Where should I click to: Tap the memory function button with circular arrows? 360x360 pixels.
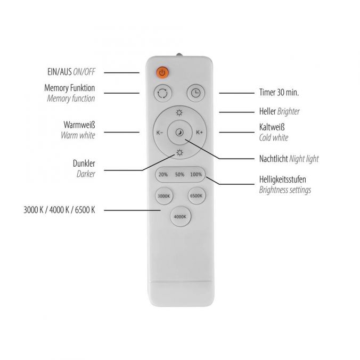pos(162,93)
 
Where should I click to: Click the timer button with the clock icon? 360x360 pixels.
pos(196,93)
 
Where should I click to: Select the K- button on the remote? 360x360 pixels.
pos(160,133)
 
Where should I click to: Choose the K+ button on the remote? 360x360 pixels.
pos(199,133)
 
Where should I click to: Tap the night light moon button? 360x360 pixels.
pos(179,133)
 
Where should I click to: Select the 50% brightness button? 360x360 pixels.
pos(179,175)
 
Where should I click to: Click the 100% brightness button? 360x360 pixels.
pos(196,175)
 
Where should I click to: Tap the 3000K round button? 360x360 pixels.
pos(163,196)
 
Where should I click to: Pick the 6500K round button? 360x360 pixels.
pos(196,196)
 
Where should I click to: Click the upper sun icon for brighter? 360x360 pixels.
pos(179,112)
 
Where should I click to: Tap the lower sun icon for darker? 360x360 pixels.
pos(179,153)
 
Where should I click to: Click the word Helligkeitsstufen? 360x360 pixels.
pos(282,179)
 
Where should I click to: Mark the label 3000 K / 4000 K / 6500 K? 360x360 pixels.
pos(59,210)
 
